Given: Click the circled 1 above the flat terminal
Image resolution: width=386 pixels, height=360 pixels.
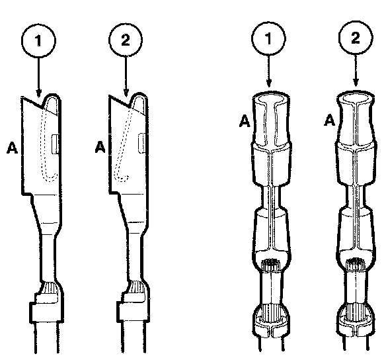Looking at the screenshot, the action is pos(38,40).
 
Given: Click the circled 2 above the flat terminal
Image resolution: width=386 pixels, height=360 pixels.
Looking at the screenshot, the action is pos(126,40).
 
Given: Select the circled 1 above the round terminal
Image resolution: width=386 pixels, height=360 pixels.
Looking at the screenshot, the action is pos(268,38).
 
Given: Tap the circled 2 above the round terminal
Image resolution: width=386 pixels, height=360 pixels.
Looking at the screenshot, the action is pos(356,38).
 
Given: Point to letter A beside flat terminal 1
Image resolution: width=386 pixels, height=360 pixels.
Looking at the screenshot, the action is pos(12,148).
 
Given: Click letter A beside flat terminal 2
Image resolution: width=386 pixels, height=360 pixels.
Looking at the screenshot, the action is pos(100,147).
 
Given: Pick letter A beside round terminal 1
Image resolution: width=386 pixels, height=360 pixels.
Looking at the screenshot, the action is pos(245,121).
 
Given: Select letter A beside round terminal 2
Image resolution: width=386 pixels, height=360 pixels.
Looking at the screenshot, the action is pos(329,120).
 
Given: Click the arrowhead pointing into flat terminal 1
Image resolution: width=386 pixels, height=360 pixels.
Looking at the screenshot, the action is pos(38,93).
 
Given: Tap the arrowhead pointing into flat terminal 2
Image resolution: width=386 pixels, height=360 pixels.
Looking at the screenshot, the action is pos(126,93).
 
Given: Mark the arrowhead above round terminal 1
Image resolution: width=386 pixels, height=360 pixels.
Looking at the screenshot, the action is pos(269,83).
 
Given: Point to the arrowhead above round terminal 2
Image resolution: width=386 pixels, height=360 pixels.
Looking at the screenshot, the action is pos(356,82).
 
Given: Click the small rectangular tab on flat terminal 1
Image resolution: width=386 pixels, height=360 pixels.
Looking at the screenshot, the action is pos(55,144).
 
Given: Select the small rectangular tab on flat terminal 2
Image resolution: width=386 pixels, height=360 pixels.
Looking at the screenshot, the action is pos(142,143).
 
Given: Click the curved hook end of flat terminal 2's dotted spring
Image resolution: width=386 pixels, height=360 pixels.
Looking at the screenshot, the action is pos(121,177).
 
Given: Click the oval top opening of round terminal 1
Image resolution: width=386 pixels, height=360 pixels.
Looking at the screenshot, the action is pos(271,99).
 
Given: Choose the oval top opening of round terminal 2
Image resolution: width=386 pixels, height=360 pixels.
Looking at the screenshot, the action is pos(356,98).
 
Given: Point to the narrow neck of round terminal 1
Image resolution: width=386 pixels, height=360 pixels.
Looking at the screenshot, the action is pos(270,197).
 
